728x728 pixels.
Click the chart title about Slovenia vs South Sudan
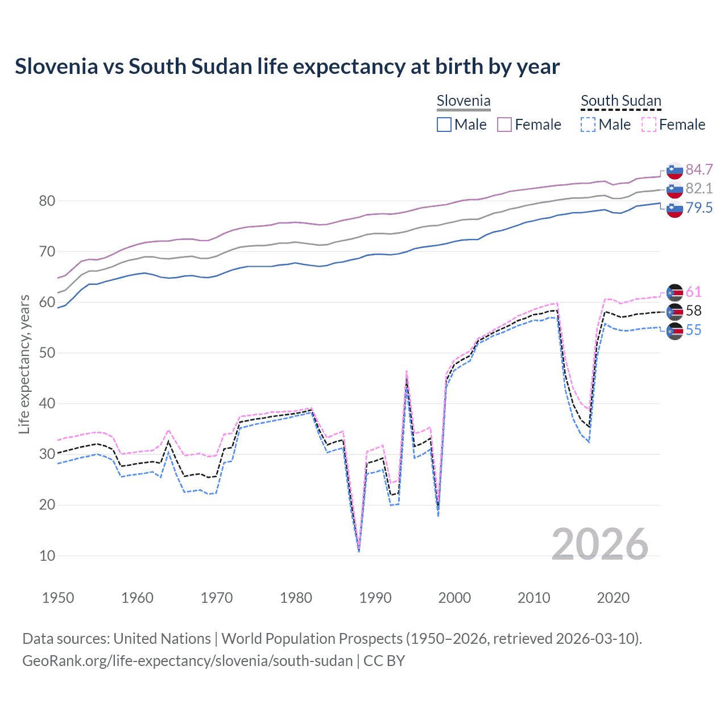(x=287, y=67)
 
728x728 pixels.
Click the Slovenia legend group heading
(x=464, y=101)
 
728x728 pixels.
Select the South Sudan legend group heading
(x=621, y=101)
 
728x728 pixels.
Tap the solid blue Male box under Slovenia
(x=444, y=125)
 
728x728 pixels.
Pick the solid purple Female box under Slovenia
(x=505, y=125)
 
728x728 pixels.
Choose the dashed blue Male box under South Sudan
(x=588, y=125)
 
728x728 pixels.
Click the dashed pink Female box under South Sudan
(x=649, y=125)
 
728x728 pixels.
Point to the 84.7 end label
(x=699, y=169)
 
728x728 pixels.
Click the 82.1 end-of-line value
(x=699, y=188)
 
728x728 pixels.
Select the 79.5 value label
(x=699, y=208)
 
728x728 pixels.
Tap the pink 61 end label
(x=693, y=292)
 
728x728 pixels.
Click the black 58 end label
(x=693, y=311)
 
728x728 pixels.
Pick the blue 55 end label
(x=693, y=330)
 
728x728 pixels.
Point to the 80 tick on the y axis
(x=47, y=201)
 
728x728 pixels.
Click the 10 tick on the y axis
(x=47, y=556)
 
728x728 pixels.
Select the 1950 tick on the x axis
(x=58, y=598)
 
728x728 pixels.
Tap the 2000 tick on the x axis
(x=454, y=598)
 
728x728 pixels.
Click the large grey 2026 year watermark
(x=599, y=544)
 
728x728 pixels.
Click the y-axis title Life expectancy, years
(x=24, y=364)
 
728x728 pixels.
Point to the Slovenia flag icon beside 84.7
(x=675, y=171)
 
